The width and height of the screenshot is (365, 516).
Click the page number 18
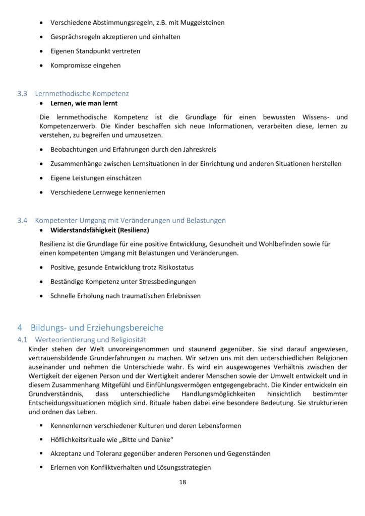[182, 482]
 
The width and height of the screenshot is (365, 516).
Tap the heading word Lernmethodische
[63, 94]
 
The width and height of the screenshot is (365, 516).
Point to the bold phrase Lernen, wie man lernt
[84, 103]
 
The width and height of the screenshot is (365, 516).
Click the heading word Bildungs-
[52, 328]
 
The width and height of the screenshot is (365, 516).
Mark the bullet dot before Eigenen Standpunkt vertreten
[41, 51]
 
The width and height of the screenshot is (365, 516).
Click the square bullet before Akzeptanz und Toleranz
[41, 454]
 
